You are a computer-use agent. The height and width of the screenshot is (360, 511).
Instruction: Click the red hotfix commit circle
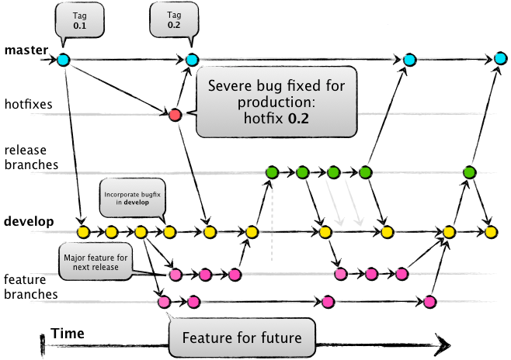[175, 115]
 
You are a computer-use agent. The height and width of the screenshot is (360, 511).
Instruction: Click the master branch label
[26, 50]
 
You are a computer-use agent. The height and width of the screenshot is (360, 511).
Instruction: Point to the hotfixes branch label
[29, 104]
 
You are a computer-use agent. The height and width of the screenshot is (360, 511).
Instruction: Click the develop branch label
[29, 221]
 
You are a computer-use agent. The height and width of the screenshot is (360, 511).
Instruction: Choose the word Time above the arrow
[68, 334]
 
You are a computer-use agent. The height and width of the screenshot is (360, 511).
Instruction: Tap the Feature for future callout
[242, 337]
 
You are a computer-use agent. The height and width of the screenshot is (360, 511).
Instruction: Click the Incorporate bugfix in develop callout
[132, 198]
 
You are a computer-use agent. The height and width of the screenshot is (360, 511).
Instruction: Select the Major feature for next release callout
[96, 262]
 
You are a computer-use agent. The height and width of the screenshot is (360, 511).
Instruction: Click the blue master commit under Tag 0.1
[64, 60]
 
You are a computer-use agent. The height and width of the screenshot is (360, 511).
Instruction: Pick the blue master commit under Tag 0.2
[192, 60]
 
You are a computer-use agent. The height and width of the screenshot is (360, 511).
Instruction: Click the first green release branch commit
[272, 172]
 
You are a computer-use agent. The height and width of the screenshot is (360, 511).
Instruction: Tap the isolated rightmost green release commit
[470, 172]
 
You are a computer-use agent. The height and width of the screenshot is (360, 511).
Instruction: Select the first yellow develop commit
[83, 232]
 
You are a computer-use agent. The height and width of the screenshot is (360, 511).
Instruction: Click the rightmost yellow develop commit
[491, 232]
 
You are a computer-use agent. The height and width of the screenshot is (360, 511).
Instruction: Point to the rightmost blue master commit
[501, 59]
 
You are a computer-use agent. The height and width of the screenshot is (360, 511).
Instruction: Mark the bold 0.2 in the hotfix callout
[298, 119]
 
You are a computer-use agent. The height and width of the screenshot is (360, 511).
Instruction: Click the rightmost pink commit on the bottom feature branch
[429, 302]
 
